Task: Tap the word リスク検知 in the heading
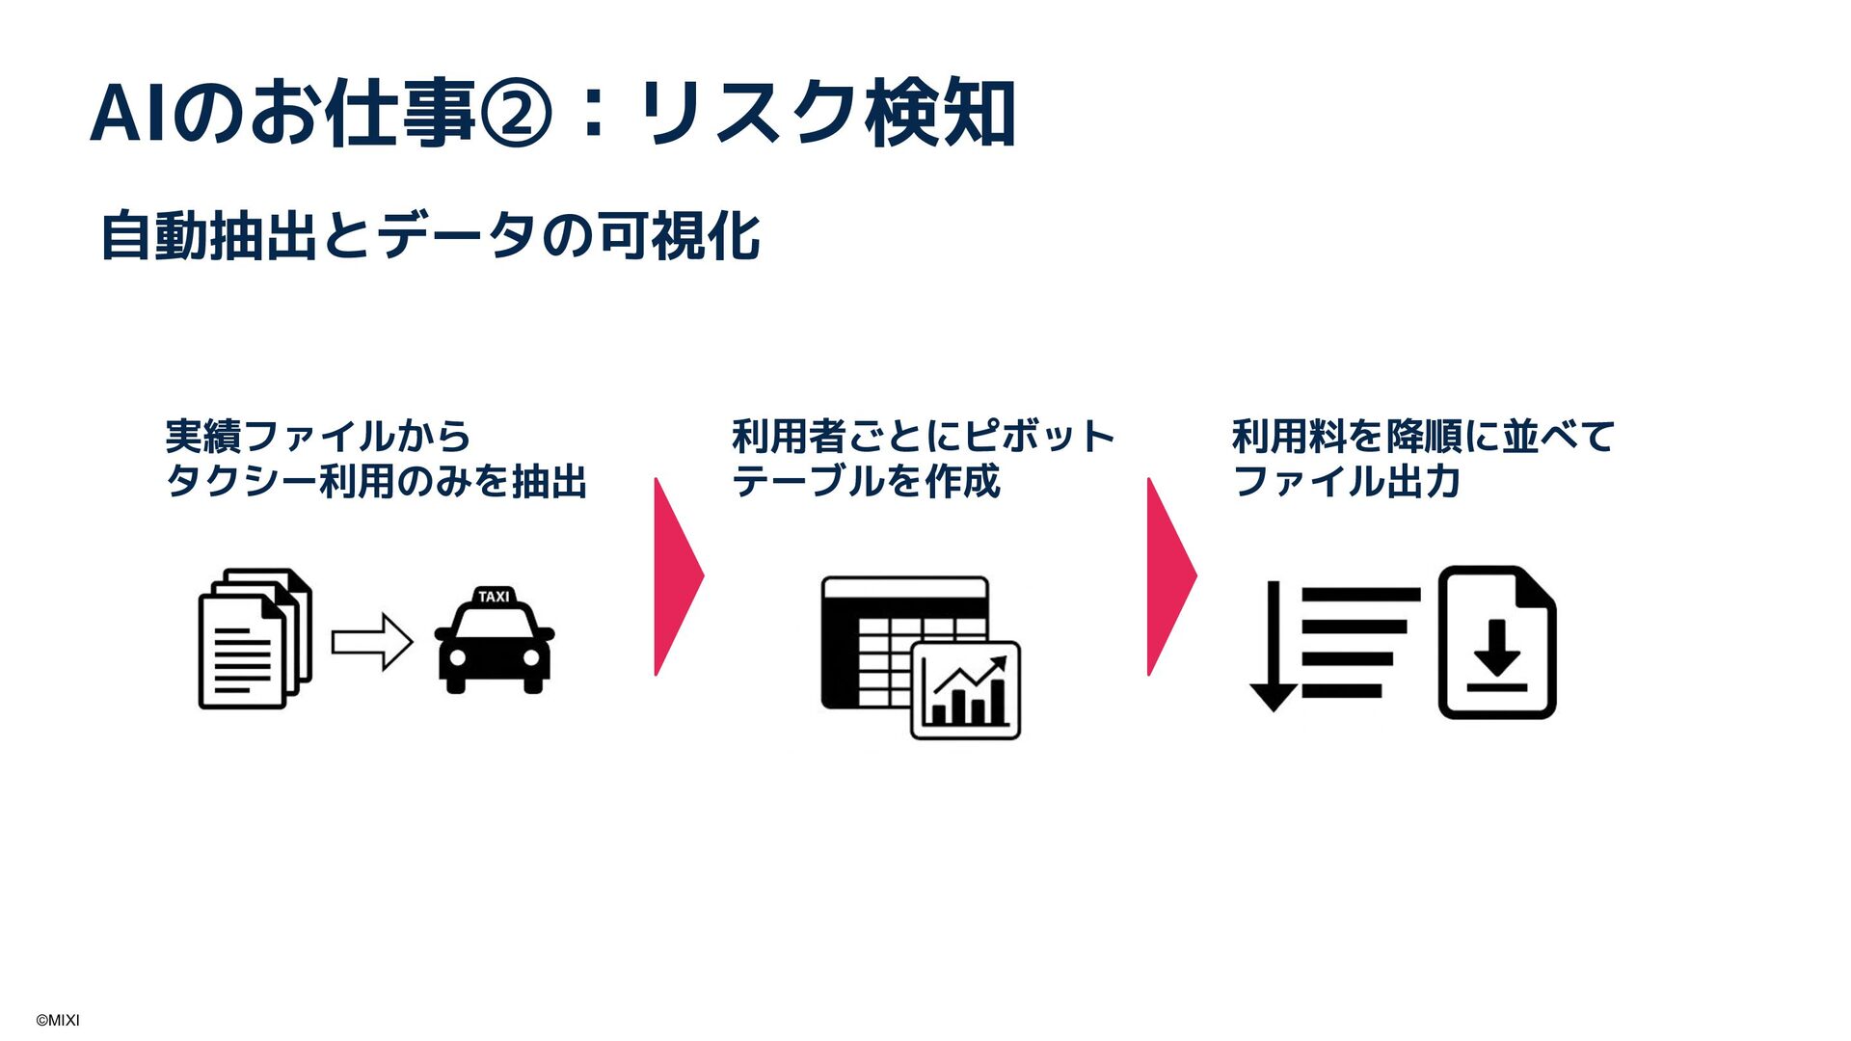click(x=829, y=114)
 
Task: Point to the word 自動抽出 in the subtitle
click(x=208, y=236)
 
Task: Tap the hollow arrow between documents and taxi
click(x=372, y=641)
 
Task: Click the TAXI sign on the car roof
click(x=494, y=597)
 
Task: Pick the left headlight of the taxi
click(x=458, y=657)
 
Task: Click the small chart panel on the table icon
click(x=965, y=690)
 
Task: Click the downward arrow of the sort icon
click(x=1273, y=646)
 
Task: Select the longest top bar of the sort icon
click(x=1360, y=596)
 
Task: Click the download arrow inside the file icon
click(x=1497, y=652)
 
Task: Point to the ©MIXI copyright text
click(x=58, y=1021)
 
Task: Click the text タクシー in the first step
click(x=241, y=481)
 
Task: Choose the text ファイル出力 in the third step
click(x=1347, y=481)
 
